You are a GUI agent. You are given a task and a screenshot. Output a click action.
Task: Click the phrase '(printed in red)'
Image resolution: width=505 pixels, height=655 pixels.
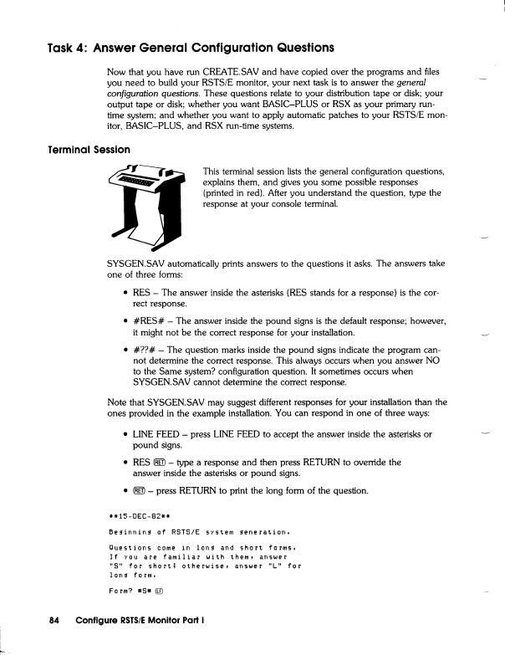point(239,193)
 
